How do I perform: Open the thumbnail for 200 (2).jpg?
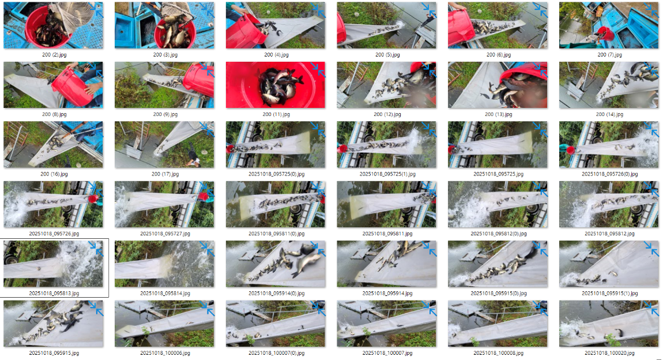coord(53,25)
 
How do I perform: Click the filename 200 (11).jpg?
coord(276,114)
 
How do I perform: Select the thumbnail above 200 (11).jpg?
coord(275,25)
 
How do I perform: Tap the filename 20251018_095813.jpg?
coord(54,293)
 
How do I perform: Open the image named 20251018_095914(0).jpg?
coord(275,264)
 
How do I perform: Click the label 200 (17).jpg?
coord(165,174)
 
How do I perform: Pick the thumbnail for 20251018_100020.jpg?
coord(609,324)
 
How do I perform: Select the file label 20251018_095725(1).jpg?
coord(387,174)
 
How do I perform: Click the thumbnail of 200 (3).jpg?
coord(164,25)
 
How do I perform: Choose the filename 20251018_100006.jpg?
coord(165,353)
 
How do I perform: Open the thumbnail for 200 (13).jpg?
coord(498,85)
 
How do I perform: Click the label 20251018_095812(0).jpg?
coord(499,234)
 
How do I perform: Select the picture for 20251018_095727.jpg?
coord(164,204)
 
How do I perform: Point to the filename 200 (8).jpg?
coord(54,114)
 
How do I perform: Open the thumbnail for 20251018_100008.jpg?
coord(498,324)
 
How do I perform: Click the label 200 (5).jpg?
coord(387,55)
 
